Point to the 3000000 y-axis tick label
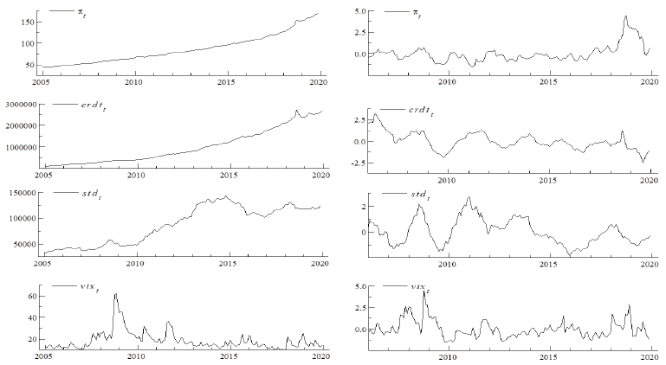click(20, 103)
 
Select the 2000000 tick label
click(20, 125)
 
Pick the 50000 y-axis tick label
click(25, 244)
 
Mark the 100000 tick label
click(23, 218)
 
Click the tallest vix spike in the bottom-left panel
click(115, 295)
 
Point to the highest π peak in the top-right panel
click(624, 16)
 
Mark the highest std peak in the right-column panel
click(469, 198)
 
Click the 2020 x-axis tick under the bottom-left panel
click(321, 355)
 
